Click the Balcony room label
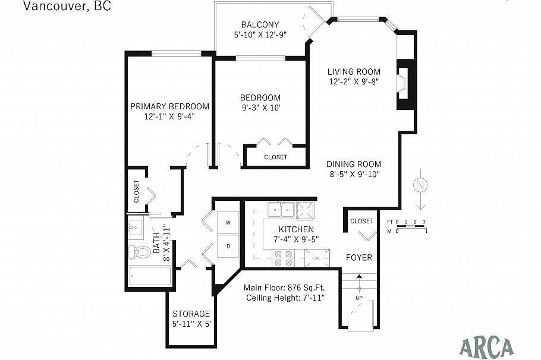tap(260, 24)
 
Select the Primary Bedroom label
tap(169, 106)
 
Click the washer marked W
tap(228, 223)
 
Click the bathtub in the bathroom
tap(150, 277)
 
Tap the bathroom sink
tap(136, 227)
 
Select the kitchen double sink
tap(280, 209)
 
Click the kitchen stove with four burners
tap(284, 257)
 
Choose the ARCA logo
tap(487, 345)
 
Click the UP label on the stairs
tap(359, 297)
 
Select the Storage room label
tap(191, 314)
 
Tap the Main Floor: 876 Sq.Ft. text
tap(284, 287)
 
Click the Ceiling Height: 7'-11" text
tap(285, 297)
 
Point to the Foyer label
tap(359, 258)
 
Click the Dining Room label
tap(354, 165)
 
